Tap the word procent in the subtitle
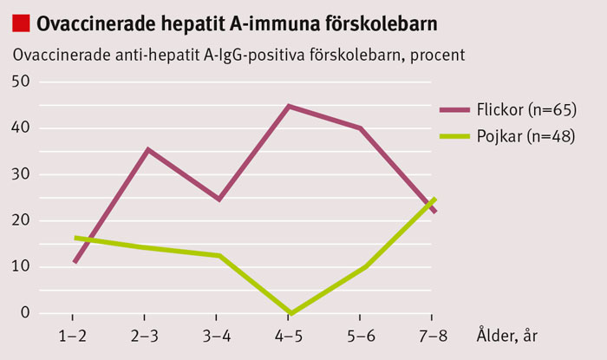[x=436, y=55]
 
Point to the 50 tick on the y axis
[x=19, y=81]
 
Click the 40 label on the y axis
[x=19, y=128]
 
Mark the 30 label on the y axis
[x=19, y=173]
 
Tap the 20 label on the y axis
[x=19, y=220]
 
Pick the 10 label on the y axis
[x=19, y=266]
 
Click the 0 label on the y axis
[x=24, y=312]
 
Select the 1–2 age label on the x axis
[x=75, y=333]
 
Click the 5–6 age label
[x=362, y=333]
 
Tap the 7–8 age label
[x=433, y=333]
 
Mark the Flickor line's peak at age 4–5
[x=290, y=106]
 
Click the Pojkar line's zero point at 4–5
[x=290, y=312]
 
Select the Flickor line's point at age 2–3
[x=148, y=149]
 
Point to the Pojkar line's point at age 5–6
[x=362, y=267]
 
